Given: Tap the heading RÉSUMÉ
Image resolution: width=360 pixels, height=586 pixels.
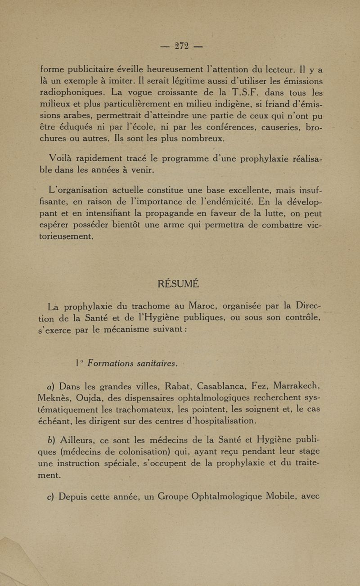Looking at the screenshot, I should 179,284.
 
